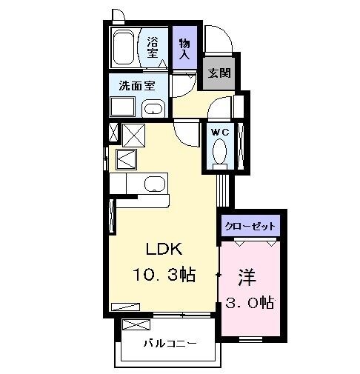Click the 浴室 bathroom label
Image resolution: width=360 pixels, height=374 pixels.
(153, 47)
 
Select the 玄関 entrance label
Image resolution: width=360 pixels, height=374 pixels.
(218, 73)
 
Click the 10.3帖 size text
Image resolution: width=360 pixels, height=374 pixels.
(164, 276)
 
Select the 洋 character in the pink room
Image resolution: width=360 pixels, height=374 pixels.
(246, 277)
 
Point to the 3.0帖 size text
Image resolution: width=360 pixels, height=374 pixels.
(251, 302)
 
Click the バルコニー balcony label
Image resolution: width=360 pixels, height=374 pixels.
(170, 344)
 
